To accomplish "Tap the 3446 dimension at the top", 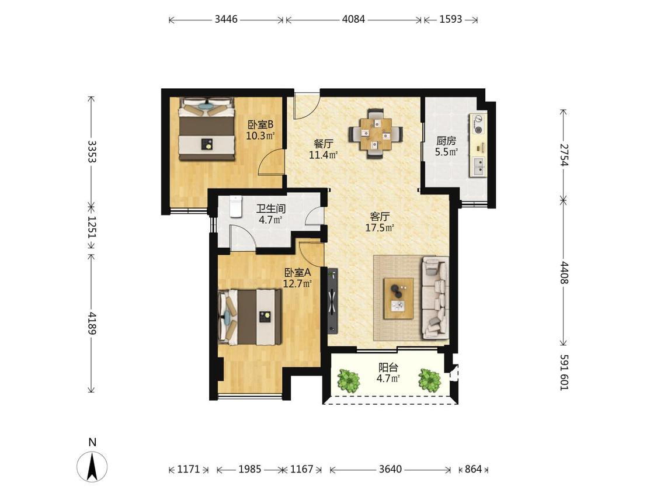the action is click(x=226, y=19).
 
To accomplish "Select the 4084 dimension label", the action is click(x=354, y=19).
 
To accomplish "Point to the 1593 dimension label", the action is click(x=451, y=19).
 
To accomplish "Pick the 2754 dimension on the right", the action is click(x=564, y=155).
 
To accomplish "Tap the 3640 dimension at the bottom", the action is click(x=391, y=469).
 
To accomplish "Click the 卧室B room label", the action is click(x=260, y=124).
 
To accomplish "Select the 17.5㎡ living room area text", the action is click(x=380, y=228).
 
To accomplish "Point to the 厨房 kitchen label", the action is click(x=446, y=141).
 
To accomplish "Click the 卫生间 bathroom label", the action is click(x=270, y=209).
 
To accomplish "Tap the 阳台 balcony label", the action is click(x=388, y=367).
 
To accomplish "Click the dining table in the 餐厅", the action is click(x=376, y=134).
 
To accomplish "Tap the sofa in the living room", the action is click(x=436, y=298).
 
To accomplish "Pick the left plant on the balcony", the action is click(x=349, y=380).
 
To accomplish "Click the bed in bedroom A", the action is click(x=250, y=317).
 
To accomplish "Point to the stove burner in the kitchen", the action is click(x=478, y=124).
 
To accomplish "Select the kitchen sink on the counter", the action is click(x=478, y=166).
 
